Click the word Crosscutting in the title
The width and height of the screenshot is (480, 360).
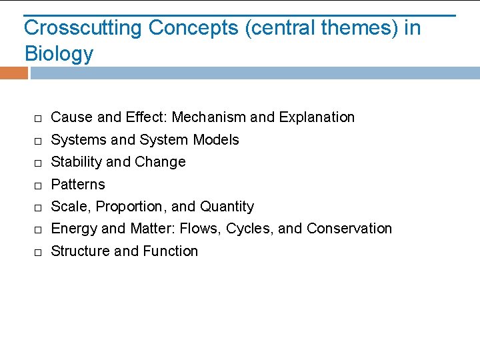click(83, 28)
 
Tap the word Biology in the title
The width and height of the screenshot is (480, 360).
click(59, 53)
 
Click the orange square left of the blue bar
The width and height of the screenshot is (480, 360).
click(13, 73)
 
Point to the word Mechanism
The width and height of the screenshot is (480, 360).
click(209, 117)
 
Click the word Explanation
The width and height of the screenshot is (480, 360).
click(317, 117)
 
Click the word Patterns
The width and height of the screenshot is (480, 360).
click(78, 184)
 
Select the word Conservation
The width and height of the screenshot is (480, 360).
click(349, 229)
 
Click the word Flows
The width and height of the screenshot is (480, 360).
click(202, 229)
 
